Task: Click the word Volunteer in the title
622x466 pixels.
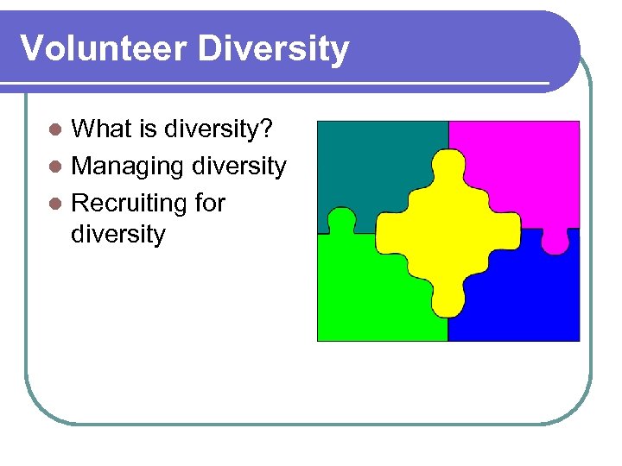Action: pyautogui.click(x=104, y=49)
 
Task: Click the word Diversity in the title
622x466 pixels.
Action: pyautogui.click(x=273, y=49)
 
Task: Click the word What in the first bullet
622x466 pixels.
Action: pyautogui.click(x=103, y=129)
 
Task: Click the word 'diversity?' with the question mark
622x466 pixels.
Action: pyautogui.click(x=220, y=129)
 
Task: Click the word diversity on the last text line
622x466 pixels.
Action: pyautogui.click(x=117, y=234)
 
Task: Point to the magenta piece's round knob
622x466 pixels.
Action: pyautogui.click(x=555, y=242)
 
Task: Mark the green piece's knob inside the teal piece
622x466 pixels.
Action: pyautogui.click(x=341, y=219)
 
